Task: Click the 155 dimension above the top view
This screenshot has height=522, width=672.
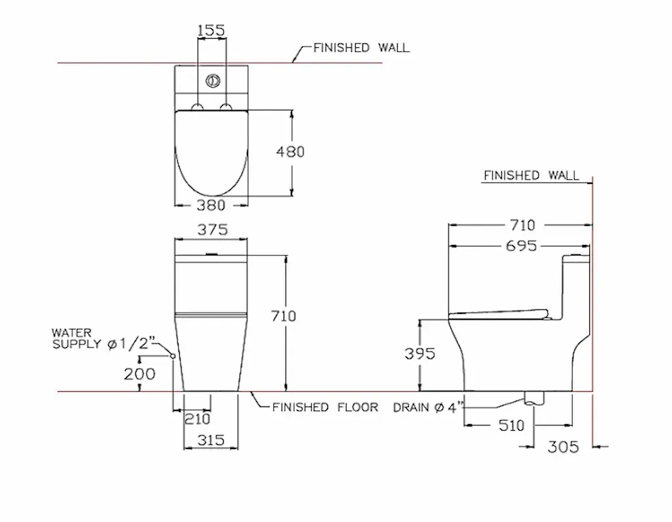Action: click(x=211, y=30)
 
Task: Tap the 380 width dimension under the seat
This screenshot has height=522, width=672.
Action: click(x=211, y=206)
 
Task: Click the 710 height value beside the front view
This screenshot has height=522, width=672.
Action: click(x=283, y=316)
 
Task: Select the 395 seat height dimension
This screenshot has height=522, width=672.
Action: click(x=420, y=354)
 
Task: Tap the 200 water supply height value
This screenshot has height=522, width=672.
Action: click(x=140, y=374)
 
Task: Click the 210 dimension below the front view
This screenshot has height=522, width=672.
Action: click(x=197, y=419)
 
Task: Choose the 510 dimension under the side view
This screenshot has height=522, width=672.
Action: click(x=511, y=425)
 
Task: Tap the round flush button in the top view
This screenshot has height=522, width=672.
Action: click(x=211, y=81)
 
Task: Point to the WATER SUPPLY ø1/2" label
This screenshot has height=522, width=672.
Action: click(x=104, y=338)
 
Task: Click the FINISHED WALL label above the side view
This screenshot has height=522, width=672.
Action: click(x=531, y=175)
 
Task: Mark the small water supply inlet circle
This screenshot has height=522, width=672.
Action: click(x=173, y=355)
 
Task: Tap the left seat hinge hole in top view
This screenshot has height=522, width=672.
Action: click(x=198, y=106)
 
